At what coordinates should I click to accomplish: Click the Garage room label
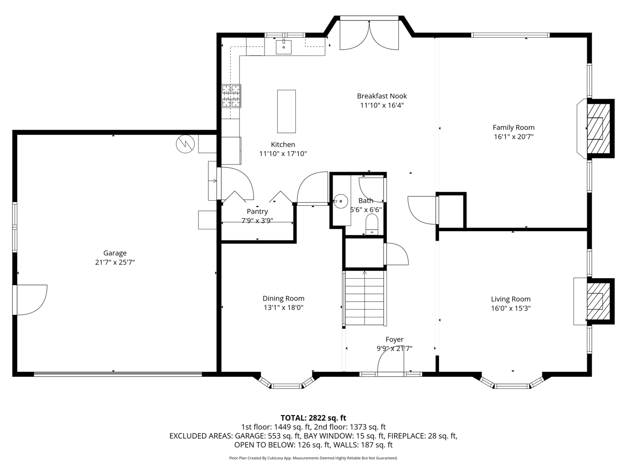tap(115, 253)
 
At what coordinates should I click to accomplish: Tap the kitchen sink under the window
tap(283, 47)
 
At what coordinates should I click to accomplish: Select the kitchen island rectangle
tap(286, 111)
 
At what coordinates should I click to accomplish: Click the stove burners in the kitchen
tap(231, 96)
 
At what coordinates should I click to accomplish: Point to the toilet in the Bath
tap(372, 225)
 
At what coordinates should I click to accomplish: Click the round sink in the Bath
tap(340, 201)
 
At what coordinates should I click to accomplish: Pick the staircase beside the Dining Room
tap(364, 298)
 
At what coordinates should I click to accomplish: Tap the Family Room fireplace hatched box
tap(598, 129)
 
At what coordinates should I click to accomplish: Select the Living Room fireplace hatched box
tap(598, 301)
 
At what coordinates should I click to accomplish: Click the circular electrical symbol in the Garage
tap(185, 144)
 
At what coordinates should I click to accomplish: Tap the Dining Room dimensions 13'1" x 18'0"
tap(283, 308)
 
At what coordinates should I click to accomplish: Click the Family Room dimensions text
tap(513, 136)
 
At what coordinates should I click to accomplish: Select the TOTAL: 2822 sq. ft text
tap(313, 418)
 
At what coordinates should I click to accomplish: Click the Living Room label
tap(511, 299)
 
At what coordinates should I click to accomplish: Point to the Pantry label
tap(257, 211)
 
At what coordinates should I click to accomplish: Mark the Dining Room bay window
tap(287, 382)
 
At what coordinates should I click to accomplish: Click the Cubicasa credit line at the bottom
tap(313, 458)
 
